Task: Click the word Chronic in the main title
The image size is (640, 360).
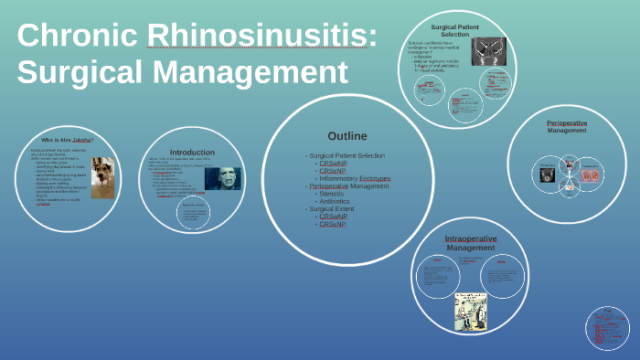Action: coord(77,36)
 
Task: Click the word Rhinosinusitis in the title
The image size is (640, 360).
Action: coord(261,36)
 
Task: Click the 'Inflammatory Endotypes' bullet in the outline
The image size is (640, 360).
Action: coord(354,178)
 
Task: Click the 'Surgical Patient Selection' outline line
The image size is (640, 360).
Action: coord(347,155)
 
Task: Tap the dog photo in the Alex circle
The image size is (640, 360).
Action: coord(101,175)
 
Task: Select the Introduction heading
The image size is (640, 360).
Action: coord(192,152)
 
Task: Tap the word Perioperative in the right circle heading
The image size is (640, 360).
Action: coord(567,122)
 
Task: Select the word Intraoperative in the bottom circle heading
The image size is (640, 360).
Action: coord(470,238)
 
